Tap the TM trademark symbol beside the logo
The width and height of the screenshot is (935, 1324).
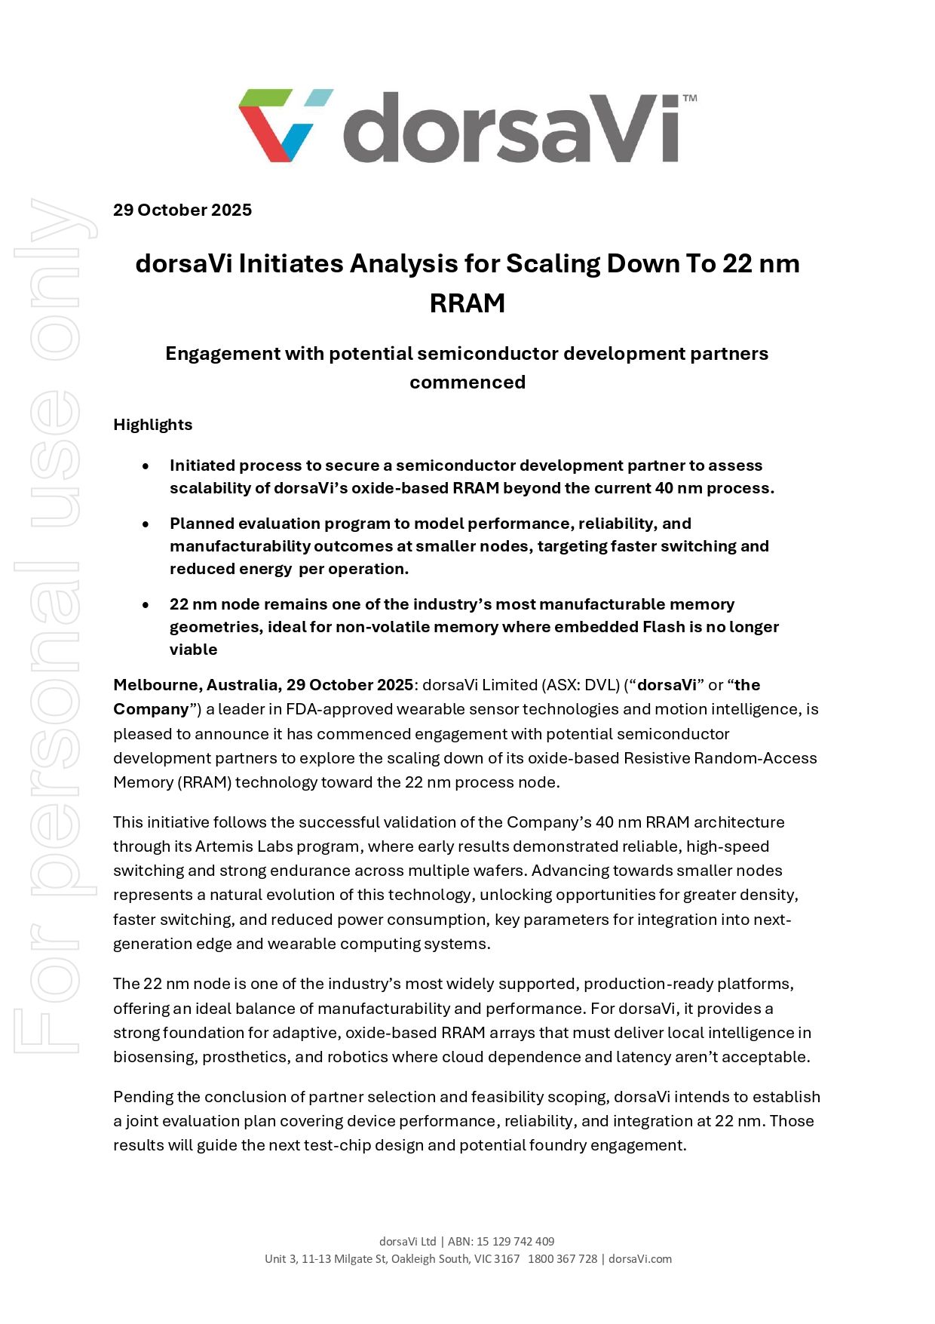[x=689, y=98]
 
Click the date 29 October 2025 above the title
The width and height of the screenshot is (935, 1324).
[x=182, y=210]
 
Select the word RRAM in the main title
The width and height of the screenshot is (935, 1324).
[x=467, y=303]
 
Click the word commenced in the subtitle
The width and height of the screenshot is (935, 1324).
[x=467, y=382]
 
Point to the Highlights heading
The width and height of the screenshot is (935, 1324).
[x=153, y=425]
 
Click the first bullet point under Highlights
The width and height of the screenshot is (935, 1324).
[x=146, y=466]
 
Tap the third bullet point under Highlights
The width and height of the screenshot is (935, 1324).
[x=146, y=605]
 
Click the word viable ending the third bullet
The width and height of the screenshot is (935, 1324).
[x=194, y=650]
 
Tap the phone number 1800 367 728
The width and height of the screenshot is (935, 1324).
[x=563, y=1258]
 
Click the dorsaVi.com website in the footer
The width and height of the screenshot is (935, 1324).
[x=640, y=1258]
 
